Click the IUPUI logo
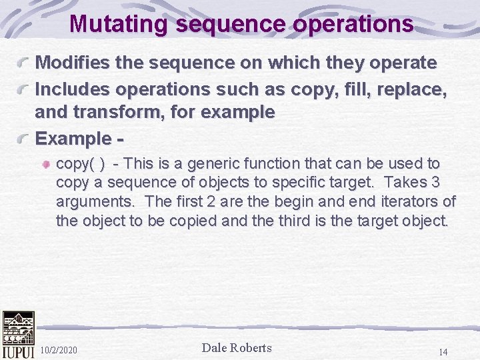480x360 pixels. click(18, 335)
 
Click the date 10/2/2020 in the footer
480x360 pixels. click(59, 350)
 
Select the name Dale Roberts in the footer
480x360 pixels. click(237, 347)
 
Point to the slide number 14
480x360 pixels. click(443, 351)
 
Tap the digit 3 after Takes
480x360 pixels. click(435, 183)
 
